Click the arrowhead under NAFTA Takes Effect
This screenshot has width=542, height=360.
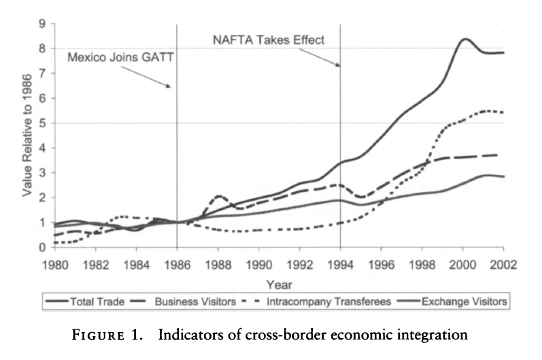tap(337, 65)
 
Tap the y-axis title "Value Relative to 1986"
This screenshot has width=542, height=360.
tap(27, 135)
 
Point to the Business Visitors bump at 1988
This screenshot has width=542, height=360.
tap(218, 197)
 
